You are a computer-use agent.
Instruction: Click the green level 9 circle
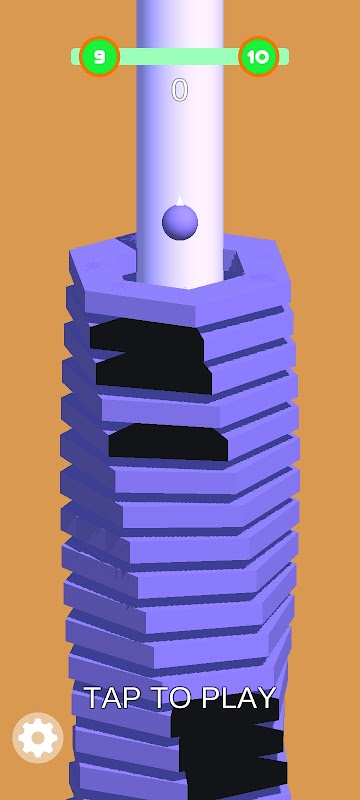(99, 57)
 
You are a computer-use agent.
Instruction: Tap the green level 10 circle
(259, 57)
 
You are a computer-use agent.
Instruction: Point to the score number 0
(179, 90)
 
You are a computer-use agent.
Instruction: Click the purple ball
(180, 222)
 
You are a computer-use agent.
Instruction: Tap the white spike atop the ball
(179, 200)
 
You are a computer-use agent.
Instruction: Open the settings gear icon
(38, 737)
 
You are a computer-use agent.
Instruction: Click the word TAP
(109, 697)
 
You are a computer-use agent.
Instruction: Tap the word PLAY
(239, 697)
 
